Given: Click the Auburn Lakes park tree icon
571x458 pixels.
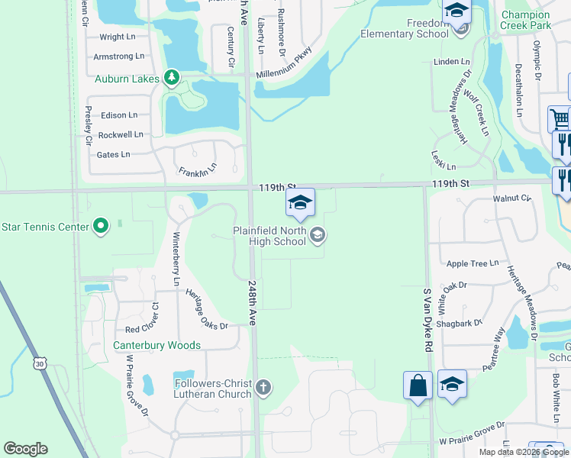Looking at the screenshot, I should tap(172, 78).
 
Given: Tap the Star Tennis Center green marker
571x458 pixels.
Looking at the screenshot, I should tap(101, 226).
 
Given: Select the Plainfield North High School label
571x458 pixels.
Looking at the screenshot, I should tap(269, 236).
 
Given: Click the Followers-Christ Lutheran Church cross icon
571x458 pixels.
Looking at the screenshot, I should tap(263, 388).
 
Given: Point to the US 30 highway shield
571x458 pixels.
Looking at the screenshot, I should tap(39, 365).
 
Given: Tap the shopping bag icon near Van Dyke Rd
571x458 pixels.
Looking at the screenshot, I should tap(418, 385).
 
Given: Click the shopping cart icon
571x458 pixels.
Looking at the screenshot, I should tap(560, 119).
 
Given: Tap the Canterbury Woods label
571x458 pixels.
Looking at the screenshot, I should tap(156, 345).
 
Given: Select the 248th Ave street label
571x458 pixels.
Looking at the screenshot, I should tap(253, 303).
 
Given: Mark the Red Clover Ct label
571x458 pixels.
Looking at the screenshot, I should tap(142, 328).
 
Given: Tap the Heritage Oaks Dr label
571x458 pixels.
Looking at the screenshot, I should tap(203, 314).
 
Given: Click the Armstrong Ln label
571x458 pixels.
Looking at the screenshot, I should tap(118, 56).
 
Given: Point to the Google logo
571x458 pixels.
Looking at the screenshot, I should tap(26, 449).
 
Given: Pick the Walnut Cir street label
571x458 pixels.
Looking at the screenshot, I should tap(511, 198).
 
